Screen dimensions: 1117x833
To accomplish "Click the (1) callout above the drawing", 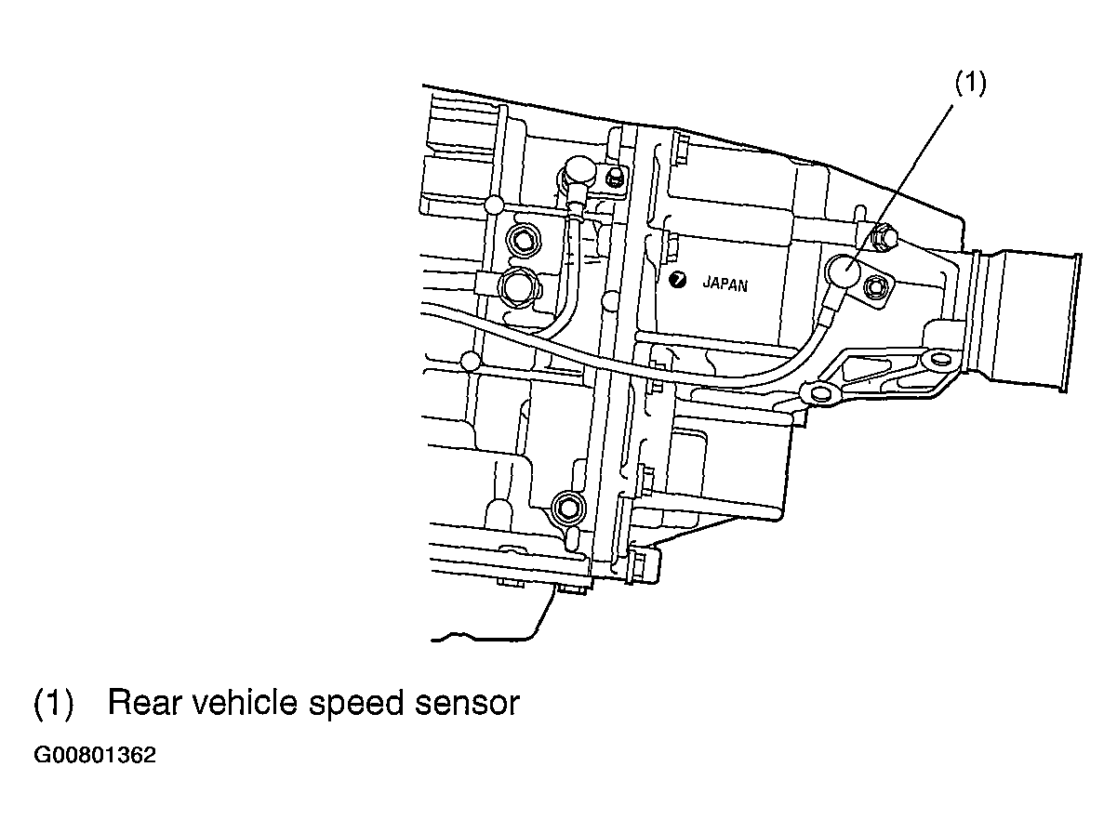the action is click(x=970, y=83).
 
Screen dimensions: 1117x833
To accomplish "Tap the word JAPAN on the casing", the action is click(x=725, y=284).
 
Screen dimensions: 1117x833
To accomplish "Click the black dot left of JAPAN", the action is click(x=677, y=280).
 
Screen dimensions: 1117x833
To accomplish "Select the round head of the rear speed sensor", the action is click(x=844, y=271).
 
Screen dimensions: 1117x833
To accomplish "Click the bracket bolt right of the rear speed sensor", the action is click(x=875, y=287).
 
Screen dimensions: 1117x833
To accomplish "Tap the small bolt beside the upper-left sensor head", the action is click(x=615, y=177).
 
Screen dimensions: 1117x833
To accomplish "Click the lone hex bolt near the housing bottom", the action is click(x=568, y=507).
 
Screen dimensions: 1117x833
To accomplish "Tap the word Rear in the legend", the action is click(x=144, y=703).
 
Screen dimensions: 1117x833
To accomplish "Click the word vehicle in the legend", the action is click(x=246, y=702).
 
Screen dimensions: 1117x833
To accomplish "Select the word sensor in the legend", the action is click(x=467, y=706).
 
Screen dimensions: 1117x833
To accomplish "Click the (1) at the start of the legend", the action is click(x=53, y=704).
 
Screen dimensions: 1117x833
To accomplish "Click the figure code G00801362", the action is click(x=95, y=756).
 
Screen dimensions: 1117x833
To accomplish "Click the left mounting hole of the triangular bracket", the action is click(x=818, y=393).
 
